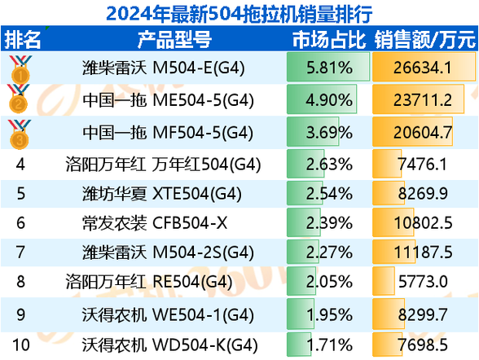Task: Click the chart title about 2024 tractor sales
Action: (x=239, y=14)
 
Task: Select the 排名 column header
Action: (x=22, y=39)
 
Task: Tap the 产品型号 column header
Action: (x=174, y=39)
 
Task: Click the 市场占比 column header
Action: (x=329, y=39)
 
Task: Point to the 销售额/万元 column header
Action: (x=425, y=39)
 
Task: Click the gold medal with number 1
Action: (x=20, y=69)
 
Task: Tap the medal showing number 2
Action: (x=19, y=99)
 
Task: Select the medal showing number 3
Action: (x=20, y=134)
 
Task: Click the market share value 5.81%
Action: (x=329, y=68)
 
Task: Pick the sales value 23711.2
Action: (x=423, y=100)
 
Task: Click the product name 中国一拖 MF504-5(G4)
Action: (x=168, y=133)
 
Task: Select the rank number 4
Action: (x=20, y=165)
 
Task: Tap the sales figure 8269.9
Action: (x=423, y=194)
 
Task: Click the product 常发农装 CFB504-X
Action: (x=155, y=223)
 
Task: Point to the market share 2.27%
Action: (x=329, y=252)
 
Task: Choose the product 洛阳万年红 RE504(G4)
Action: (x=149, y=282)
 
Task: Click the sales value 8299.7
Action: (x=423, y=315)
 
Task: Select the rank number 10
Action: (x=21, y=345)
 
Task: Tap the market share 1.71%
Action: (x=329, y=345)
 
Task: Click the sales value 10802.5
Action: (x=423, y=223)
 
